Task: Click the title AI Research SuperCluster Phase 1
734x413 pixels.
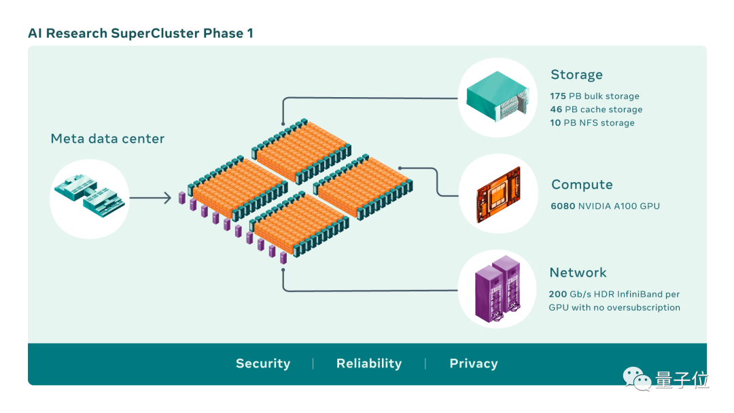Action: pyautogui.click(x=141, y=33)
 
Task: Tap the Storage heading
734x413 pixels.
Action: pyautogui.click(x=576, y=75)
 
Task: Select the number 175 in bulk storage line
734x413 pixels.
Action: pyautogui.click(x=558, y=96)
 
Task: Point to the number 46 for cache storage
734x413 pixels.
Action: pyautogui.click(x=556, y=109)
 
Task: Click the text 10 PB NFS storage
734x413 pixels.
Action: pyautogui.click(x=592, y=122)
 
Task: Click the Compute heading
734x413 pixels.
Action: pyautogui.click(x=582, y=185)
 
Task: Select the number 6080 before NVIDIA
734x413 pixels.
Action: pyautogui.click(x=563, y=206)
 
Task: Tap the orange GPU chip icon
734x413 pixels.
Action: pyautogui.click(x=499, y=194)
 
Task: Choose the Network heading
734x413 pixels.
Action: pyautogui.click(x=578, y=272)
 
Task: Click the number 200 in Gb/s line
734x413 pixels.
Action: pyautogui.click(x=557, y=294)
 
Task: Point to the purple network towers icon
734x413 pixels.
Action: pyautogui.click(x=497, y=289)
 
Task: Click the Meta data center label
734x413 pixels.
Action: pyautogui.click(x=107, y=139)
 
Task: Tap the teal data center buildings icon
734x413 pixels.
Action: pyautogui.click(x=90, y=196)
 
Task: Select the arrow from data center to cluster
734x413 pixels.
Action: pyautogui.click(x=150, y=198)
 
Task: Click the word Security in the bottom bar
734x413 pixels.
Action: pyautogui.click(x=263, y=363)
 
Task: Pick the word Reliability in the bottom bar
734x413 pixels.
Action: pyautogui.click(x=369, y=363)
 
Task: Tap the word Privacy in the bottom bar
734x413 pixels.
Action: pyautogui.click(x=474, y=363)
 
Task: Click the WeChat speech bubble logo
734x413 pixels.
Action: pyautogui.click(x=637, y=378)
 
